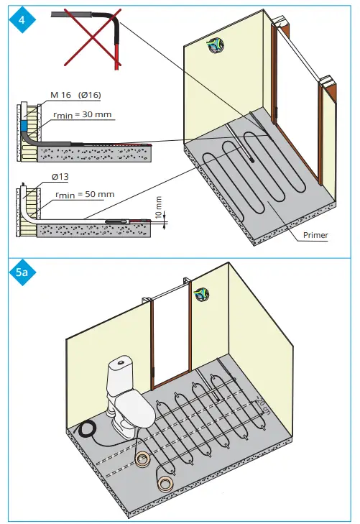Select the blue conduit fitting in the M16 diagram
tap(24, 127)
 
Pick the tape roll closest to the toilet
tap(144, 458)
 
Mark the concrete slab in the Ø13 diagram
tap(93, 229)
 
